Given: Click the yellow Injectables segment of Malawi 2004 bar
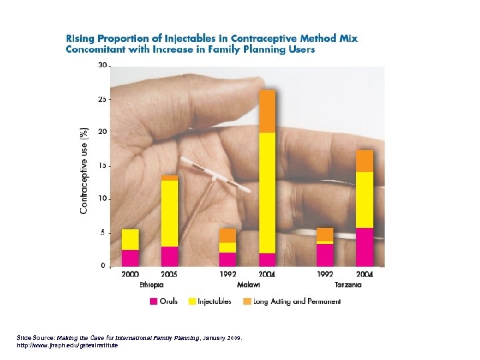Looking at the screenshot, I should point(267,193).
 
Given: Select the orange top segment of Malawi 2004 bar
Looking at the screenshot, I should point(267,111).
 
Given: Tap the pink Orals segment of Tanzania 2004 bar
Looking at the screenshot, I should point(365,247).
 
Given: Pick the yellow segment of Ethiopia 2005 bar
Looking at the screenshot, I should point(169,213).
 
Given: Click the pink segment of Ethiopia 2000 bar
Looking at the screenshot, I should point(130,258).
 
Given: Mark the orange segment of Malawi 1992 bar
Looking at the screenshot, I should point(228,235).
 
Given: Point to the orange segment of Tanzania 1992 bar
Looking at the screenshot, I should point(325,234).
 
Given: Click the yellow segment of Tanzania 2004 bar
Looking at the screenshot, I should point(365,200).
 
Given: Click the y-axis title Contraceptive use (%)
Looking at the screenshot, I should point(84,170).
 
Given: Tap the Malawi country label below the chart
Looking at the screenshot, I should point(247,285).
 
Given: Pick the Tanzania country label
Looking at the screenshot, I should point(348,285).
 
